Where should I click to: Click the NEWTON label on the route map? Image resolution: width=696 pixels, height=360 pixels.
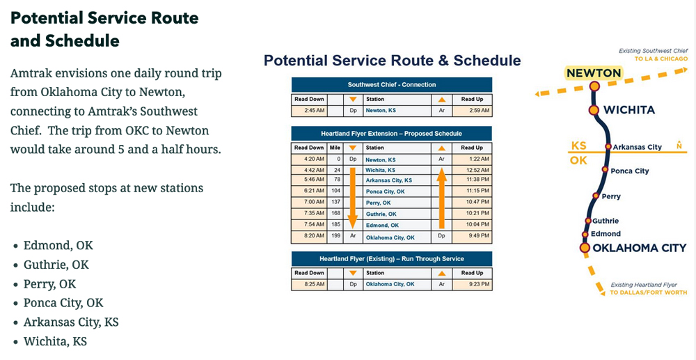pos(593,72)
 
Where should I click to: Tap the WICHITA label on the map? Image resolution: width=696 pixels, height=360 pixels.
pos(629,110)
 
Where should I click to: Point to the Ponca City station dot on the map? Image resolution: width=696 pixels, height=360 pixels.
pos(606,171)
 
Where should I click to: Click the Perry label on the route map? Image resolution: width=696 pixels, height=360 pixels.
pos(611,196)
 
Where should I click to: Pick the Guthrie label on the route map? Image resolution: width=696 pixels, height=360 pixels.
pos(606,221)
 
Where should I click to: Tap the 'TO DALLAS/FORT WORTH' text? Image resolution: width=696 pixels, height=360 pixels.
pos(648,292)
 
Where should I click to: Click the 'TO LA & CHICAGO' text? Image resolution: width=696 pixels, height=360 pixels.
pos(661,59)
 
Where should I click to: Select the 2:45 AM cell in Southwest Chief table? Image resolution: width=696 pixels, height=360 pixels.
pos(308,110)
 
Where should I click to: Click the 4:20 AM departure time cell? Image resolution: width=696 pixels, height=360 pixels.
pos(308,159)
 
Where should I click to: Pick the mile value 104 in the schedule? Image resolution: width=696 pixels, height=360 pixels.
pos(335,192)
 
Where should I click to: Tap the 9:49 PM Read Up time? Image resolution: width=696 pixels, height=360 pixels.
pos(472,237)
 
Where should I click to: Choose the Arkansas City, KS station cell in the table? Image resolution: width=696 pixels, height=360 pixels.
pos(389,181)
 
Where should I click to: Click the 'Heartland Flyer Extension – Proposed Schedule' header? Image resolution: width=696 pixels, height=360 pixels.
pos(391,133)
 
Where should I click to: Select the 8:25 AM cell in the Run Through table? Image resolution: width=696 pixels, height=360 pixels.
pos(308,284)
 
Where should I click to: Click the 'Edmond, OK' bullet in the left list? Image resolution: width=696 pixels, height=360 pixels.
pos(58,245)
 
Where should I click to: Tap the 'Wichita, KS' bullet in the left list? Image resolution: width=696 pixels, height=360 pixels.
pos(55,341)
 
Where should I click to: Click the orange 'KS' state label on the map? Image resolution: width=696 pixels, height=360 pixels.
pos(578,146)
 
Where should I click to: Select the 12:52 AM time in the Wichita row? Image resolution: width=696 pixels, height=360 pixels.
pos(472,170)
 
